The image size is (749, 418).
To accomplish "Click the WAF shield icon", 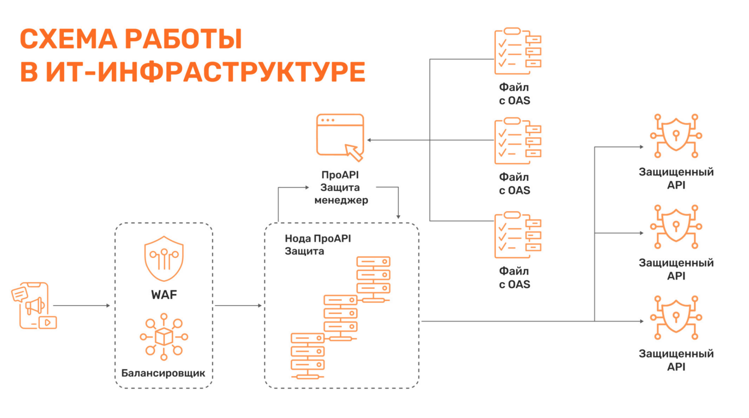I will (164, 258).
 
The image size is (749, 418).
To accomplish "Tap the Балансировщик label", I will (163, 373).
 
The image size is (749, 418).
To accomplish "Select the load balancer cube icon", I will (164, 337).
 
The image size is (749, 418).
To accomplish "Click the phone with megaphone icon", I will (34, 306).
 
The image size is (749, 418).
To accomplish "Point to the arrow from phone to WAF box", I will (81, 305).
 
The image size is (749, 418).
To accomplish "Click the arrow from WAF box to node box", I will (238, 305).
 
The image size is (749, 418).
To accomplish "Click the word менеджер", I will (341, 200).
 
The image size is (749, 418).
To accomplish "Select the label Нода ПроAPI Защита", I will (318, 245).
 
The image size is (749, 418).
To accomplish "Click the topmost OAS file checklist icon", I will (518, 51).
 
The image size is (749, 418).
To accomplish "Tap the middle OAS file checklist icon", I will (518, 141).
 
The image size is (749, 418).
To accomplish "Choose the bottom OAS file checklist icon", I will (518, 235).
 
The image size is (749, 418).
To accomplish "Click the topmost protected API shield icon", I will (676, 136).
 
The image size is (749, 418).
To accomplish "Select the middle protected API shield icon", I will (676, 227).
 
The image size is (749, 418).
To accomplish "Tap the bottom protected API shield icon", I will (676, 318).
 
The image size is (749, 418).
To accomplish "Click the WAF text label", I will (164, 295).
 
